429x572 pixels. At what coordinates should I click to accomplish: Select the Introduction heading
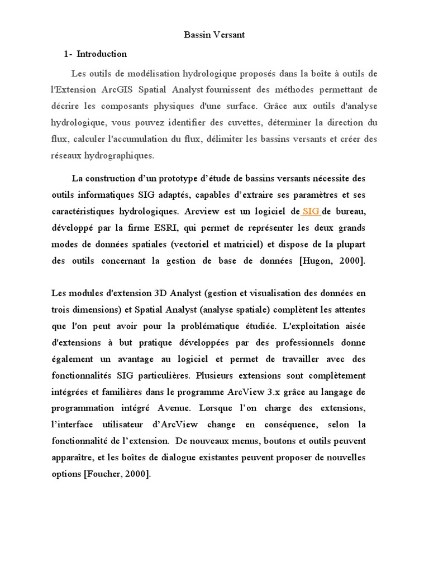tap(102, 54)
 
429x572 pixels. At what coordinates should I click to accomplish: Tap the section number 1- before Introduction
tap(68, 54)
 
